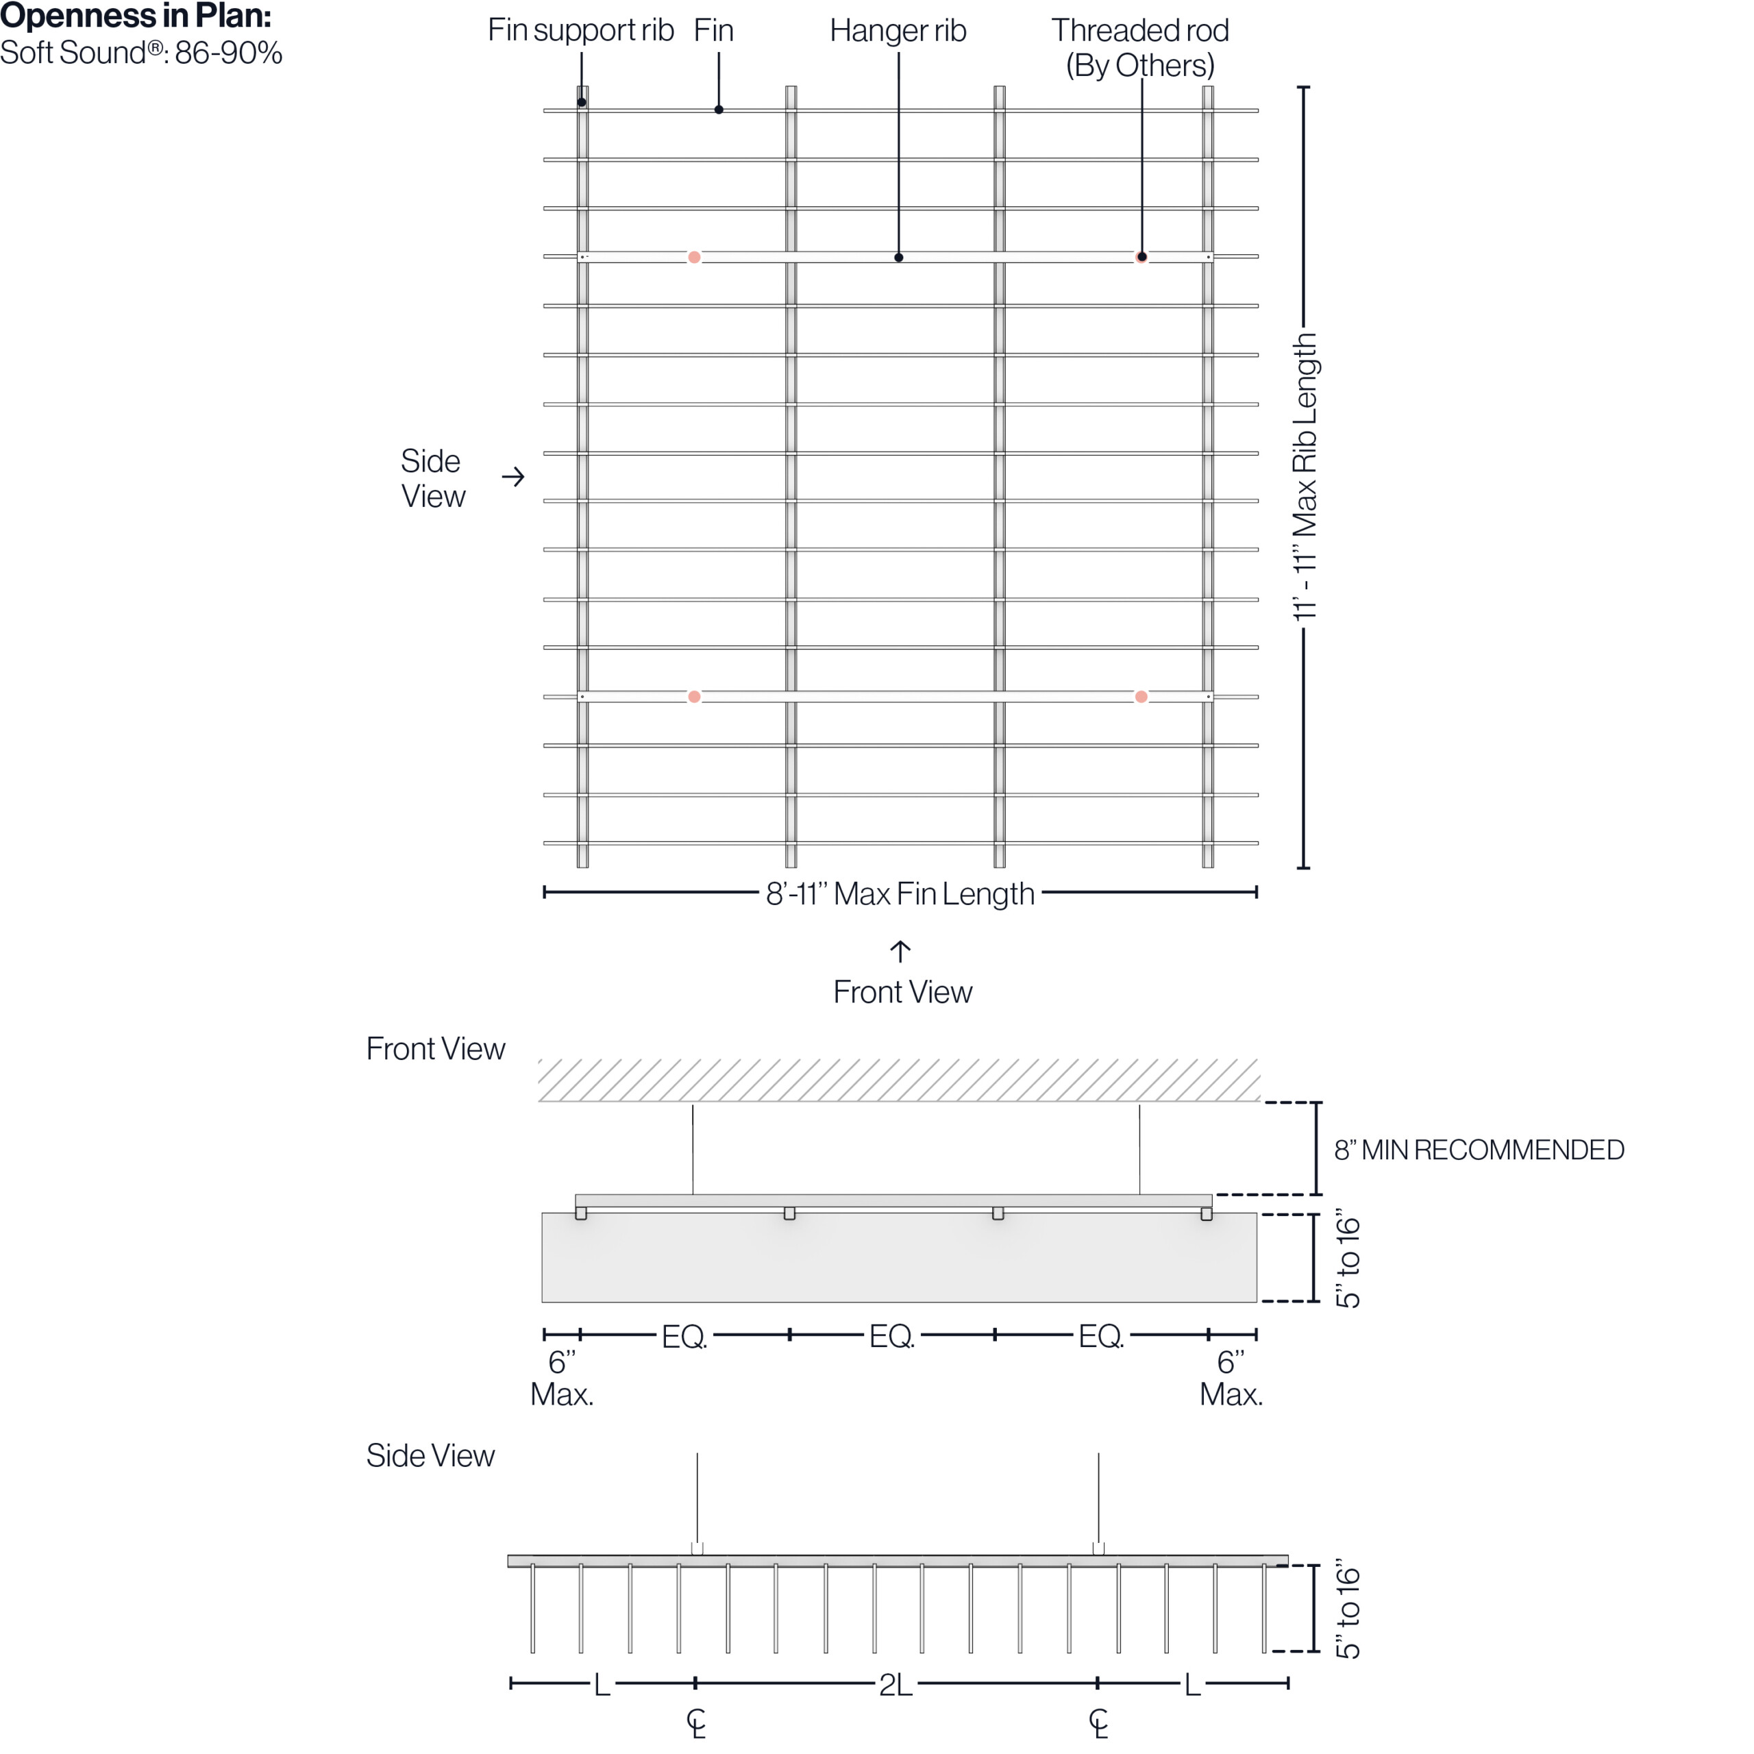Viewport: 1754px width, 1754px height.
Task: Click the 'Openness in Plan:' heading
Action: pos(136,16)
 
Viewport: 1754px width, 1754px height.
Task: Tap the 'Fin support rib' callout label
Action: pos(580,31)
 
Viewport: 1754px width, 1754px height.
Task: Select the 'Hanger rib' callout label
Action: pos(898,31)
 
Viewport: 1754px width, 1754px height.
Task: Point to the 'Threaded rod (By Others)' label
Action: pos(1139,47)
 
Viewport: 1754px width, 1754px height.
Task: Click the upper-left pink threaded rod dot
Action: pos(695,258)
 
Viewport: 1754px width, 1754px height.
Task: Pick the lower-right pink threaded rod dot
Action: pos(1141,697)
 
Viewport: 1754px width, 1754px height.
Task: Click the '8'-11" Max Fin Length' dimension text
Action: pos(900,894)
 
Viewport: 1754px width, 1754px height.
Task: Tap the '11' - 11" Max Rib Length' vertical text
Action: pos(1305,478)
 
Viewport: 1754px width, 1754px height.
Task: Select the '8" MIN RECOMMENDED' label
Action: pos(1478,1150)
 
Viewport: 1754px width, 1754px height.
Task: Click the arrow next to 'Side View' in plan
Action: pos(514,477)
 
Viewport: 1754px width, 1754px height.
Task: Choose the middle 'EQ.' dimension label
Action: pos(891,1335)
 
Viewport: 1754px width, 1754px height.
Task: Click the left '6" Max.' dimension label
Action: pos(562,1378)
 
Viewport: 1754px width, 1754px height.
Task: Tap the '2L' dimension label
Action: pos(895,1685)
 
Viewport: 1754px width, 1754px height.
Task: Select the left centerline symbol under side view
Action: pos(696,1722)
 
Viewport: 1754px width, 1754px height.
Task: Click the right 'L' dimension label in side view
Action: pos(1192,1685)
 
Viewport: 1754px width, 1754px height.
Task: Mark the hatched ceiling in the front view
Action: pos(899,1080)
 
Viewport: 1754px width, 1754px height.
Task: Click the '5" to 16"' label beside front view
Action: pos(1349,1262)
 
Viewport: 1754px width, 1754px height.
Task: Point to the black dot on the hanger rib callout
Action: pos(899,258)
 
